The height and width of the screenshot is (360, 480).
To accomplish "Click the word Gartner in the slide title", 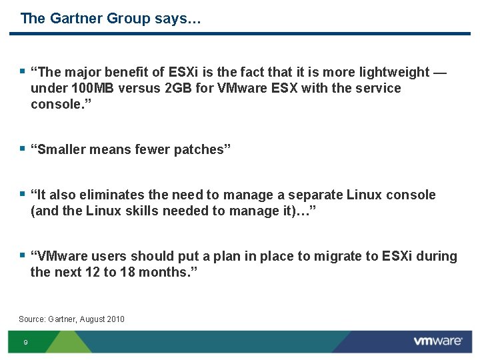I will click(x=73, y=18).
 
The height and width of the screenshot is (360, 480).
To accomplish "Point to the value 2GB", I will click(x=178, y=88).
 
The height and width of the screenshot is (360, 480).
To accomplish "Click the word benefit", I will click(x=139, y=72).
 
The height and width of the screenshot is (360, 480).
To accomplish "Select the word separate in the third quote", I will click(x=312, y=195).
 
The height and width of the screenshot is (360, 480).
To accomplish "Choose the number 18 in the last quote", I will click(x=127, y=272).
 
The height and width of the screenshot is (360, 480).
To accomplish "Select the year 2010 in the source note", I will click(x=115, y=319).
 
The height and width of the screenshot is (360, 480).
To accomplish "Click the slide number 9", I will click(x=25, y=343).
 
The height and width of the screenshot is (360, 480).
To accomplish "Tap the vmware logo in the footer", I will click(x=438, y=341).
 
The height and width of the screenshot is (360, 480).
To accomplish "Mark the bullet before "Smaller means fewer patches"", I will click(x=23, y=148).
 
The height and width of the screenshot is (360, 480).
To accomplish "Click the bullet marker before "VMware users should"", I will click(x=23, y=255).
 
